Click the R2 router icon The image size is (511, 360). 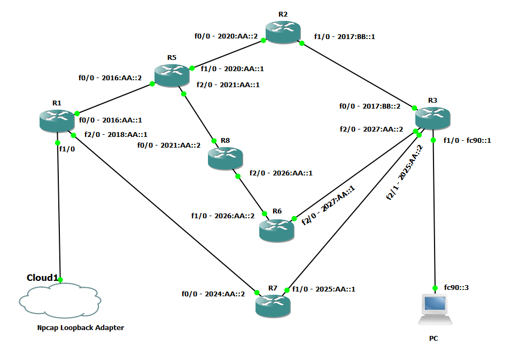pos(283,32)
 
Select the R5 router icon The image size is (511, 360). pos(172,74)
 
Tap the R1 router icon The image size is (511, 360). pos(57,120)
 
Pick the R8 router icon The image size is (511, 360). pos(226,158)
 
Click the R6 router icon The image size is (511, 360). pos(276,229)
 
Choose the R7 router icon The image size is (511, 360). pos(273,304)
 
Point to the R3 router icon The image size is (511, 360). pos(432,117)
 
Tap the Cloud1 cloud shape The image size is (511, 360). pos(60,302)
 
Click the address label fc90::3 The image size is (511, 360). pos(456,288)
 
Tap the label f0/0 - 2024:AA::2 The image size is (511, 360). pos(213,293)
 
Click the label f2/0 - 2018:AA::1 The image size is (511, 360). pos(116,134)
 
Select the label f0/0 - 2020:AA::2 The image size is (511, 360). pos(226,36)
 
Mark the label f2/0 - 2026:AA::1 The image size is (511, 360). pos(281,173)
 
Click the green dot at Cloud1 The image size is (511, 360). pos(60,280)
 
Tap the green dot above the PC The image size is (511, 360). pos(436,287)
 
